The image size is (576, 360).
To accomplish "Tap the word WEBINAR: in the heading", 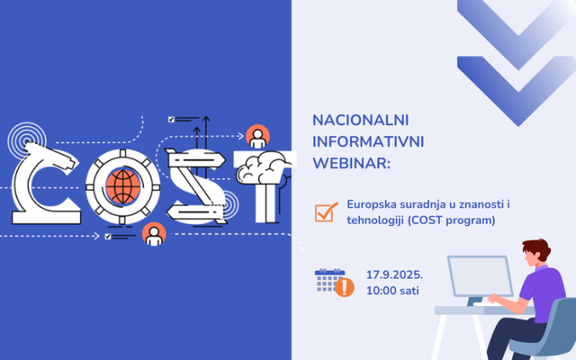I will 351,164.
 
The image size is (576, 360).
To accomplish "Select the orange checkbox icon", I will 326,211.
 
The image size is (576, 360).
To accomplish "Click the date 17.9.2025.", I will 394,275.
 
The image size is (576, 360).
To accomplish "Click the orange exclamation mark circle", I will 344,287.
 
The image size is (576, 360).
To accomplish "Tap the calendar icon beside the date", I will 329,279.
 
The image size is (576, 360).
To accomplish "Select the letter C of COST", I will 44,182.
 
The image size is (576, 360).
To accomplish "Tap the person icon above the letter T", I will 257,136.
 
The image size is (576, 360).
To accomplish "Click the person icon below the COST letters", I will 154,233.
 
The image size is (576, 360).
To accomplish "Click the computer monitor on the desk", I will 479,276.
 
